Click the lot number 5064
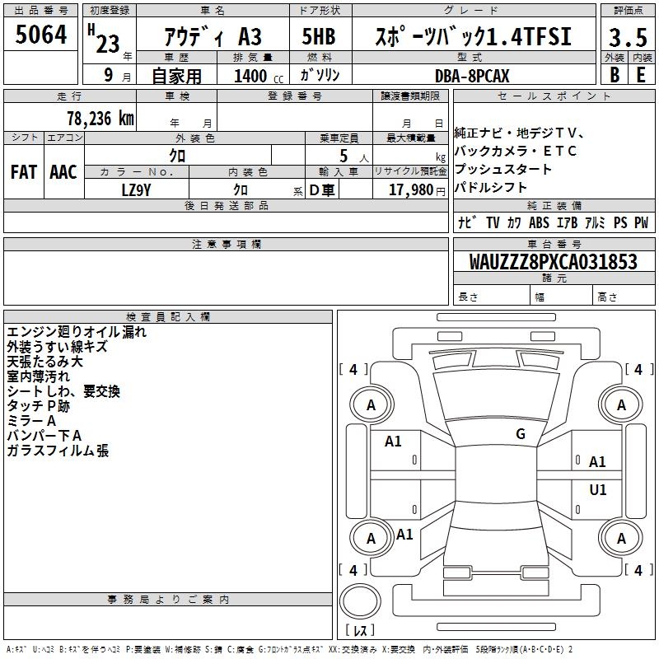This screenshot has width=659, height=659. coord(40,36)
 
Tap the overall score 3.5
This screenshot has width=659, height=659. coord(628,38)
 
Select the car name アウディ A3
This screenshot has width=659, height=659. coord(213,37)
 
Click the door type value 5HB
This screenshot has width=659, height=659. coord(319,37)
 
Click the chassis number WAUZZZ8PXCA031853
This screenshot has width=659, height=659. coord(554,262)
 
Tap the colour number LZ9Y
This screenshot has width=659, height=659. coord(136,189)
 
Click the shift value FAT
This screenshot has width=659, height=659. coord(24,172)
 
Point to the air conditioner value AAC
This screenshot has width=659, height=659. coord(63,172)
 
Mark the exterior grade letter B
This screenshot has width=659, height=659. coord(614,75)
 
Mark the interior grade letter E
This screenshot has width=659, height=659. coord(641,75)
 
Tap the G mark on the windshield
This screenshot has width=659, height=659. coord(521,434)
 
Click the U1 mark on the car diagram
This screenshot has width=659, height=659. coord(598,490)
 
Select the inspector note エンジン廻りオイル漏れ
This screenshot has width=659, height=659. coord(77,332)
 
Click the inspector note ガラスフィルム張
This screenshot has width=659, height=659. coord(58,451)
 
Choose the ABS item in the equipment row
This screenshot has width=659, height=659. coord(539,222)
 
